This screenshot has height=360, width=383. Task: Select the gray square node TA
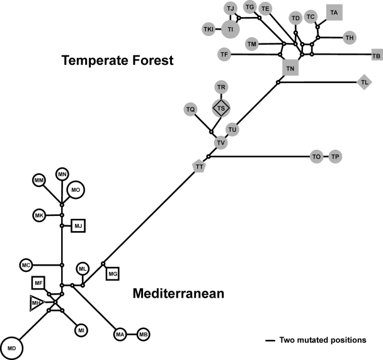tap(334, 13)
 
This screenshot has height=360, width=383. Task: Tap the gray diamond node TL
tap(364, 82)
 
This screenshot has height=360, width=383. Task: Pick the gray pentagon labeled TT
tap(199, 167)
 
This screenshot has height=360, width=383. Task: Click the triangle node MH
tap(37, 303)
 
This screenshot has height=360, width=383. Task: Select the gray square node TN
tap(290, 67)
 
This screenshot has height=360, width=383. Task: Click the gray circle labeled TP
tap(336, 157)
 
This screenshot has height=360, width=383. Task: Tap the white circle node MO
tap(76, 189)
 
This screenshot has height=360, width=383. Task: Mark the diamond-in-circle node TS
tap(220, 108)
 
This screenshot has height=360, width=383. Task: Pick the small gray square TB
tap(376, 56)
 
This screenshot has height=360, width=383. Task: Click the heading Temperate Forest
tap(117, 61)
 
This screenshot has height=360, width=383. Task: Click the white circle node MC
tap(26, 265)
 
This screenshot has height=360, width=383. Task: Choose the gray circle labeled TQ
tap(191, 110)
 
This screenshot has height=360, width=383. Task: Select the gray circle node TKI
tap(208, 30)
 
